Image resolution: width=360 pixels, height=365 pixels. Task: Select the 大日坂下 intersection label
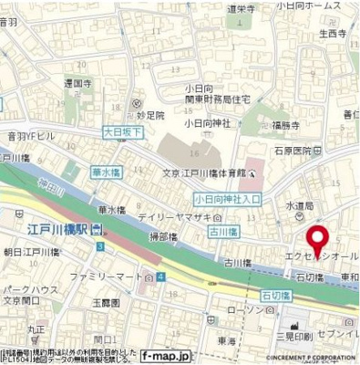123,132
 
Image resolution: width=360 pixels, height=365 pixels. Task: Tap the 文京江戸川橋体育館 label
204,171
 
